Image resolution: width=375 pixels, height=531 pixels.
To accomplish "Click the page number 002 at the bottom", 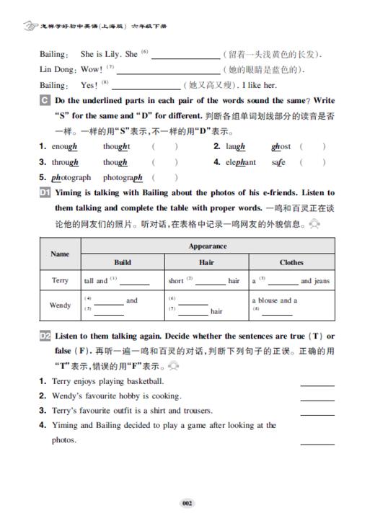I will pos(187,504).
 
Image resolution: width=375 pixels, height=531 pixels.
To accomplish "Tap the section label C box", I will pos(45,100).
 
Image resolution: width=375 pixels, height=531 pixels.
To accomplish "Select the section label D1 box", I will pos(45,193).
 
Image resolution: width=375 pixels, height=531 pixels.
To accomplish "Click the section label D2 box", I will pos(45,336).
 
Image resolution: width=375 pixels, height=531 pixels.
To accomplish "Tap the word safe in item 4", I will pos(278,162).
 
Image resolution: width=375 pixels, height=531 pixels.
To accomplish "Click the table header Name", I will pos(60,254).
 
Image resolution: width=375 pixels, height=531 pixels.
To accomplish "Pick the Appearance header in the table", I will pos(208,246).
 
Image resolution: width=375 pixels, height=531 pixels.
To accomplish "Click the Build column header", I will pos(123,262).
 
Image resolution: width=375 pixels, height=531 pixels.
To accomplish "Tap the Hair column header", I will pos(207,262).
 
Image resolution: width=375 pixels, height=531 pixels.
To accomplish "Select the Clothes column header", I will pos(291,262).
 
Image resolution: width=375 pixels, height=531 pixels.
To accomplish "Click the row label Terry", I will pos(60,280).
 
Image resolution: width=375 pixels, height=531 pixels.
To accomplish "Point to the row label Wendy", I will pos(60,305).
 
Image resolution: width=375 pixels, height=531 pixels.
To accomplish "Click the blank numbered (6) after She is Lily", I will pos(185,56).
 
